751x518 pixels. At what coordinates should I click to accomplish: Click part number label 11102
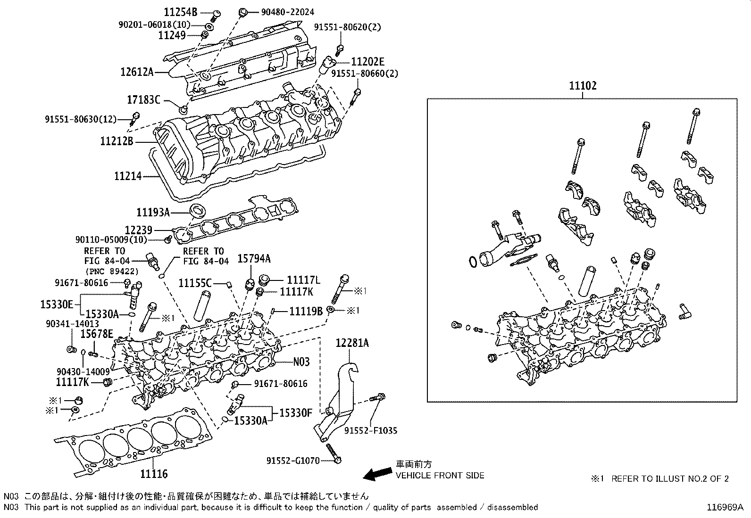582,86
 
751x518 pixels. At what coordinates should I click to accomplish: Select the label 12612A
137,72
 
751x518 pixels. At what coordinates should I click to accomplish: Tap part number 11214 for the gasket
127,176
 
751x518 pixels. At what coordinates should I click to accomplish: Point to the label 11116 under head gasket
154,474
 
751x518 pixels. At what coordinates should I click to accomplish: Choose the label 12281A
352,343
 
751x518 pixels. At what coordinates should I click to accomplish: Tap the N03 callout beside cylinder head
301,362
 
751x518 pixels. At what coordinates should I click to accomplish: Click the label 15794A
254,259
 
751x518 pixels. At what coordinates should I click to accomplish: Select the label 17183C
144,100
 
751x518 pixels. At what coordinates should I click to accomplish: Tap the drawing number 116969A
725,508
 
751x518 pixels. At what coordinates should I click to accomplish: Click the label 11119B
306,311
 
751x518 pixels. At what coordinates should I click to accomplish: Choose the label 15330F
295,413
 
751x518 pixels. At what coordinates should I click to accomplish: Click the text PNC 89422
112,271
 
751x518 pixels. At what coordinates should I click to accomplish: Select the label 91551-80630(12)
80,120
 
